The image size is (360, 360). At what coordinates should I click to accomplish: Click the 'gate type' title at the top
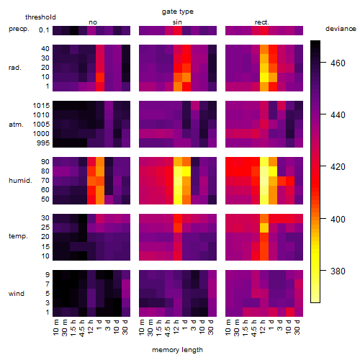tap(178, 12)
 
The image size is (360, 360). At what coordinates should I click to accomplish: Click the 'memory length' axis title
tap(177, 350)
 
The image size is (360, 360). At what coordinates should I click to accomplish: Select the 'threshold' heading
tap(40, 17)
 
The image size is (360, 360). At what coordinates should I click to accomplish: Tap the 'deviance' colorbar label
tap(341, 29)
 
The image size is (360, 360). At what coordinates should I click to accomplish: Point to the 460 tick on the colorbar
tap(338, 63)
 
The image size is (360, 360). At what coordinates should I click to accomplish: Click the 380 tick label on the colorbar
tap(338, 271)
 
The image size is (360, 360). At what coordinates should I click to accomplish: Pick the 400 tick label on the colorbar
tap(338, 219)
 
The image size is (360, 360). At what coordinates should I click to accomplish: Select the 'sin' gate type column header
tap(177, 22)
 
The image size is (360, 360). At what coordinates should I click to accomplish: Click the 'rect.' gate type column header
tap(262, 22)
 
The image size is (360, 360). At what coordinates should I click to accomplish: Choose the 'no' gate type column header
tap(93, 22)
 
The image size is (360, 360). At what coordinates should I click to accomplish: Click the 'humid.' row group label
tap(20, 181)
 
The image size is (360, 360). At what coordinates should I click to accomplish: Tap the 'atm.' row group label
tap(16, 125)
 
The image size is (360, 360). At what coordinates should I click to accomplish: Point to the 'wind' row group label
tap(17, 294)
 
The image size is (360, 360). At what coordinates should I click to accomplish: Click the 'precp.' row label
tap(19, 29)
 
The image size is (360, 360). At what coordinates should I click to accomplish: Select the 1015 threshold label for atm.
tap(41, 106)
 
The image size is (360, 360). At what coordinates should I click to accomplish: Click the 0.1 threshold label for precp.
tap(44, 30)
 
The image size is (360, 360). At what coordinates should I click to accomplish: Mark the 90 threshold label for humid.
tap(45, 162)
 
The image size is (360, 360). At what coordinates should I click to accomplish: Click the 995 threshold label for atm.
tap(43, 143)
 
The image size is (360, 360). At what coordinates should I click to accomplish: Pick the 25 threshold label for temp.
tap(45, 228)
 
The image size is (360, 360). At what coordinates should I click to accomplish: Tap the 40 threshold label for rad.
tap(45, 49)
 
